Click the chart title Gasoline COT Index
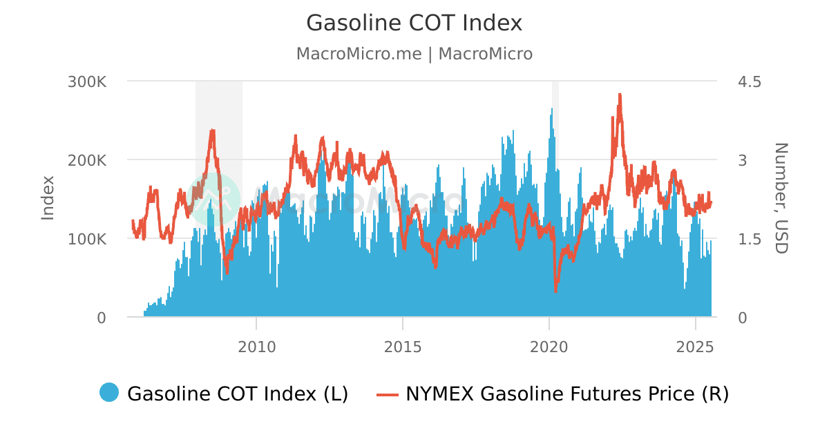[x=414, y=23]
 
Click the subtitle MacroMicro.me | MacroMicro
[x=414, y=54]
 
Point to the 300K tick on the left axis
[x=87, y=81]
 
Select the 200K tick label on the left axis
[x=87, y=160]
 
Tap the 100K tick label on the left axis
[x=87, y=239]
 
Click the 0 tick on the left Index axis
[x=101, y=318]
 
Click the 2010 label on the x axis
[x=256, y=346]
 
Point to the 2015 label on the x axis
[x=403, y=346]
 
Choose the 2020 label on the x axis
[x=549, y=346]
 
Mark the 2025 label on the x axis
[x=694, y=346]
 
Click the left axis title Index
[x=48, y=198]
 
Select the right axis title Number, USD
[x=781, y=198]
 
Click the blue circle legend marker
[x=109, y=393]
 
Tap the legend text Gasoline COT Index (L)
[x=238, y=394]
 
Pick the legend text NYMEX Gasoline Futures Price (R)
[x=566, y=394]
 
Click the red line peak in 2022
[x=620, y=95]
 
